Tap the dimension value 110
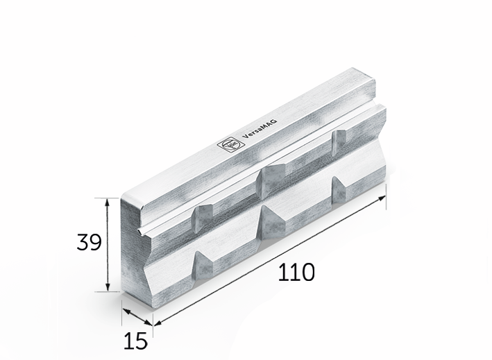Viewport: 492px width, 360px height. [x=296, y=272]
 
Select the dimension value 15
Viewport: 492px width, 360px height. [x=137, y=340]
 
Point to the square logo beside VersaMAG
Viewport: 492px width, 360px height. [x=228, y=144]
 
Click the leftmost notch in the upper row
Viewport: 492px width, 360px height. [x=203, y=218]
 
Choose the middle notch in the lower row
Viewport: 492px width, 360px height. [x=270, y=221]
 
